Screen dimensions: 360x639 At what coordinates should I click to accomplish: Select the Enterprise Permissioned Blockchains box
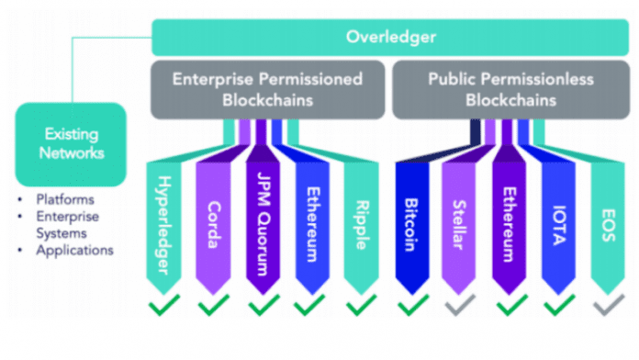point(268,89)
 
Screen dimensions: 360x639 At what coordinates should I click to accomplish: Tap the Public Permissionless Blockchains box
point(508,89)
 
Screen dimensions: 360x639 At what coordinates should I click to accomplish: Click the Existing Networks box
point(70,143)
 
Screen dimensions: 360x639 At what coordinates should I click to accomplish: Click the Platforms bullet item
point(64,199)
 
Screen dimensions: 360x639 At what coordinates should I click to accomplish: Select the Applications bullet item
point(73,249)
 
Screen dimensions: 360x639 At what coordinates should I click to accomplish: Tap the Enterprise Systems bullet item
point(67,224)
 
